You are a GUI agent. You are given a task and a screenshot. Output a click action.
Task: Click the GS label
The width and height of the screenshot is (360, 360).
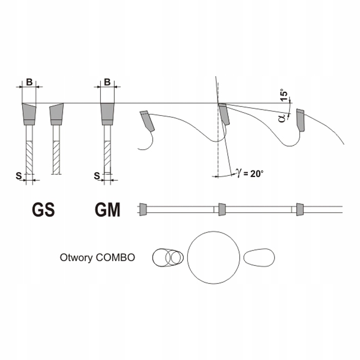click(43, 209)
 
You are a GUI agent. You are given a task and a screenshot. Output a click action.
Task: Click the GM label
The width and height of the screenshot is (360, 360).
click(107, 209)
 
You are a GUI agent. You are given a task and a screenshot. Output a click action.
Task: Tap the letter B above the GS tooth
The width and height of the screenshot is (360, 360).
click(29, 82)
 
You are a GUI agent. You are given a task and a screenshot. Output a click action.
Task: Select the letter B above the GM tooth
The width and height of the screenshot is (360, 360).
click(107, 82)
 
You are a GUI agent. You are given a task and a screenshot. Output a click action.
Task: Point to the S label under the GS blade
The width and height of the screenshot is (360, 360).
click(19, 176)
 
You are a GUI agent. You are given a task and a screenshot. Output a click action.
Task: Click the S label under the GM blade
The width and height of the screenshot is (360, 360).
click(97, 176)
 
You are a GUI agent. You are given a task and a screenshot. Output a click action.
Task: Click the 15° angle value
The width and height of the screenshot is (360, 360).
click(284, 95)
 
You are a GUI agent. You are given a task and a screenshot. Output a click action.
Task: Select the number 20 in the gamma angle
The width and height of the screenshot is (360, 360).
click(255, 174)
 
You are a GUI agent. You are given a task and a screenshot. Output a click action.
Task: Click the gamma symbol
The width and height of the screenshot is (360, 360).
click(239, 173)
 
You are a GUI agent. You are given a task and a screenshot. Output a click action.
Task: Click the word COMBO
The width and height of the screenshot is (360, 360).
click(116, 258)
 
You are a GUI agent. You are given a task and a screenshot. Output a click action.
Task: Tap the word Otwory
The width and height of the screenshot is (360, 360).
click(77, 258)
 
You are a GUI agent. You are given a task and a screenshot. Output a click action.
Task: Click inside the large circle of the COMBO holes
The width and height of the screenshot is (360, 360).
click(213, 258)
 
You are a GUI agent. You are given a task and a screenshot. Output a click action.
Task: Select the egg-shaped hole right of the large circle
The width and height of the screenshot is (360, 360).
click(259, 258)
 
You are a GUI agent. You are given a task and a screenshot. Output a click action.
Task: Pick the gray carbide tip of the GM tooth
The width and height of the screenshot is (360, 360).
click(107, 114)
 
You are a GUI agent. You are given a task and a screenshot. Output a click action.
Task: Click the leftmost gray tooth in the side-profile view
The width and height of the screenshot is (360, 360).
click(147, 121)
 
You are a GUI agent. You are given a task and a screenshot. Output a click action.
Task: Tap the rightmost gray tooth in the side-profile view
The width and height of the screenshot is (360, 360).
click(300, 120)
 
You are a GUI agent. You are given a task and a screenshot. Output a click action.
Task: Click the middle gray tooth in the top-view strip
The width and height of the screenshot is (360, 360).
click(222, 209)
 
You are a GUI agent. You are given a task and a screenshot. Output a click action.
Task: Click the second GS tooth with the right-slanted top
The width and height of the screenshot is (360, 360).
click(57, 114)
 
